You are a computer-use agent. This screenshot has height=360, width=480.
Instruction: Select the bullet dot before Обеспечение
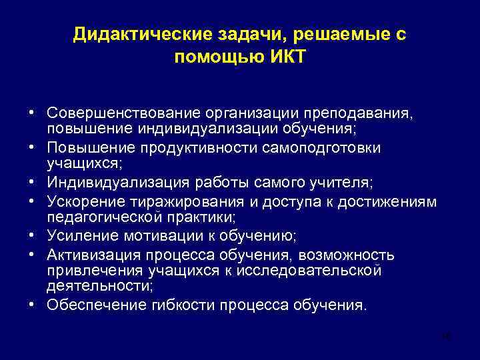click(x=32, y=305)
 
